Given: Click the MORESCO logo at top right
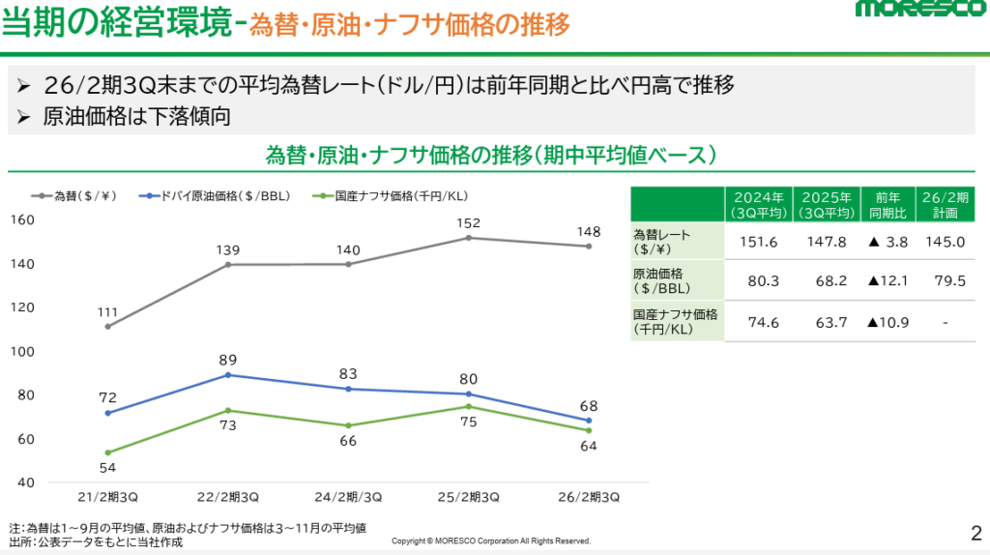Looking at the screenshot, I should click(x=918, y=12).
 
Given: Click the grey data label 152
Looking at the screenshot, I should click(x=468, y=222).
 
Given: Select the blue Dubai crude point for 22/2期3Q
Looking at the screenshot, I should click(x=228, y=374).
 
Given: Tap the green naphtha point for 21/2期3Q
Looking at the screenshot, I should click(x=107, y=453).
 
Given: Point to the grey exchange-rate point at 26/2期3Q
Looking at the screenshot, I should click(x=588, y=247).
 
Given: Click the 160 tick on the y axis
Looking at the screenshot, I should click(x=21, y=219).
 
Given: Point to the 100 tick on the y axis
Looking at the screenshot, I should click(x=21, y=351).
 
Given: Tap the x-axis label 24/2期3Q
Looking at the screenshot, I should click(x=348, y=497).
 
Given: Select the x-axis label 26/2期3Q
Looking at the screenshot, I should click(x=588, y=497).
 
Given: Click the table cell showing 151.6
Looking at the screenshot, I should click(x=758, y=242).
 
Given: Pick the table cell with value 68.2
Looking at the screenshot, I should click(x=824, y=281).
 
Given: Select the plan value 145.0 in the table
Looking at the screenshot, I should click(x=944, y=242).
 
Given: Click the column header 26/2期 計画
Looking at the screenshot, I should click(x=944, y=203).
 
